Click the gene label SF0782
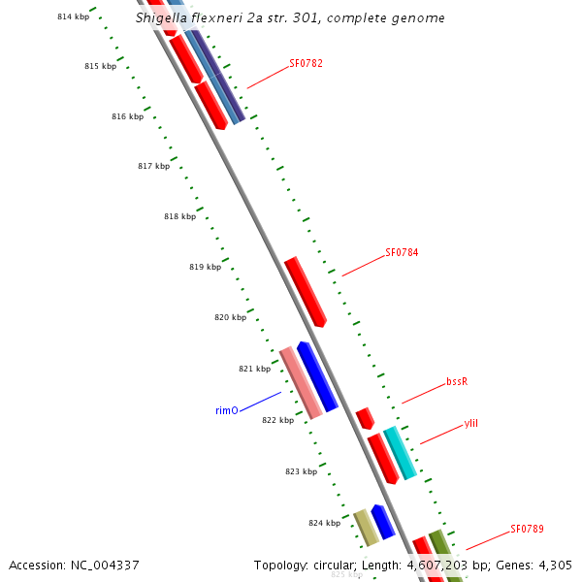point(306,64)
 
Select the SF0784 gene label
point(402,252)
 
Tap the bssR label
point(457,381)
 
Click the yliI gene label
point(471,423)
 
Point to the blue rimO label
point(226,411)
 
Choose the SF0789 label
point(527,530)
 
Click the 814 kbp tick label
point(73,16)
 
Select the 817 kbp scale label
point(153,166)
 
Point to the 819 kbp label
point(205,267)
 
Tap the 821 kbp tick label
point(254,369)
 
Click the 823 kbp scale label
point(301,471)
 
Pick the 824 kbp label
point(324,523)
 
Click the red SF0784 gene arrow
point(306,291)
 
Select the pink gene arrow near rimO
point(301,383)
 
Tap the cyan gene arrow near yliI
point(401,452)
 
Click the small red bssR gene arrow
point(365,418)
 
